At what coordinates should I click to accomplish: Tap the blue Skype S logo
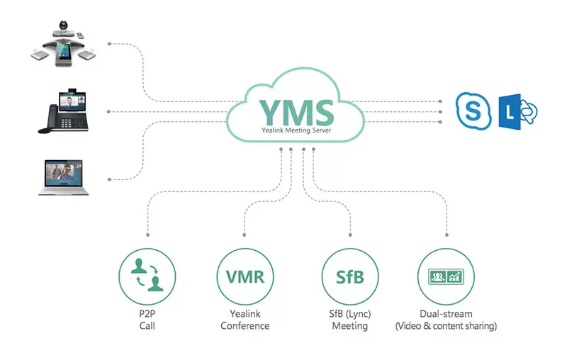coord(473,111)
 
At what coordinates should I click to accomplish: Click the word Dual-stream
coord(447,314)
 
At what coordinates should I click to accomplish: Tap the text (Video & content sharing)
coord(447,327)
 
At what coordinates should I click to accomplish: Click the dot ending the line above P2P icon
coord(147,235)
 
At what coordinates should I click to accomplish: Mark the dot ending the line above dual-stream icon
coord(447,235)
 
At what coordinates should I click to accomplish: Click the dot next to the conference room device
coord(108,44)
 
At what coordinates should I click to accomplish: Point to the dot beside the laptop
coord(108,178)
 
